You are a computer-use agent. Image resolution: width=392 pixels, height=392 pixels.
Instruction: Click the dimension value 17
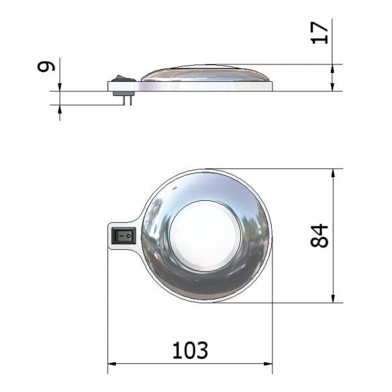[x=322, y=32]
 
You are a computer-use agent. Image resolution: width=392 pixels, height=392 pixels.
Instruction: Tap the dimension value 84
[x=322, y=236]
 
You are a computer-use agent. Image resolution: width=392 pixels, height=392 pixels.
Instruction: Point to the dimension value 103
[x=190, y=350]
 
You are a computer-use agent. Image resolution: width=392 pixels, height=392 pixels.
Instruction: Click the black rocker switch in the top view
[x=123, y=236]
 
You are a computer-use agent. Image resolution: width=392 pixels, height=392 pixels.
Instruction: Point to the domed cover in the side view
[x=205, y=73]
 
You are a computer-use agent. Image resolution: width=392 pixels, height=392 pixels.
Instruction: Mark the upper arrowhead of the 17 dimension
[x=334, y=68]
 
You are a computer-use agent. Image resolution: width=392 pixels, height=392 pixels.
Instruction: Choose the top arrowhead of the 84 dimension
[x=334, y=173]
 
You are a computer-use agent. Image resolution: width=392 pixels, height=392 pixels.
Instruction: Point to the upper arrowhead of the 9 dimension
[x=60, y=87]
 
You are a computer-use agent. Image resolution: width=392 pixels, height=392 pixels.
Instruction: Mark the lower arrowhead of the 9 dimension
[x=60, y=109]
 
